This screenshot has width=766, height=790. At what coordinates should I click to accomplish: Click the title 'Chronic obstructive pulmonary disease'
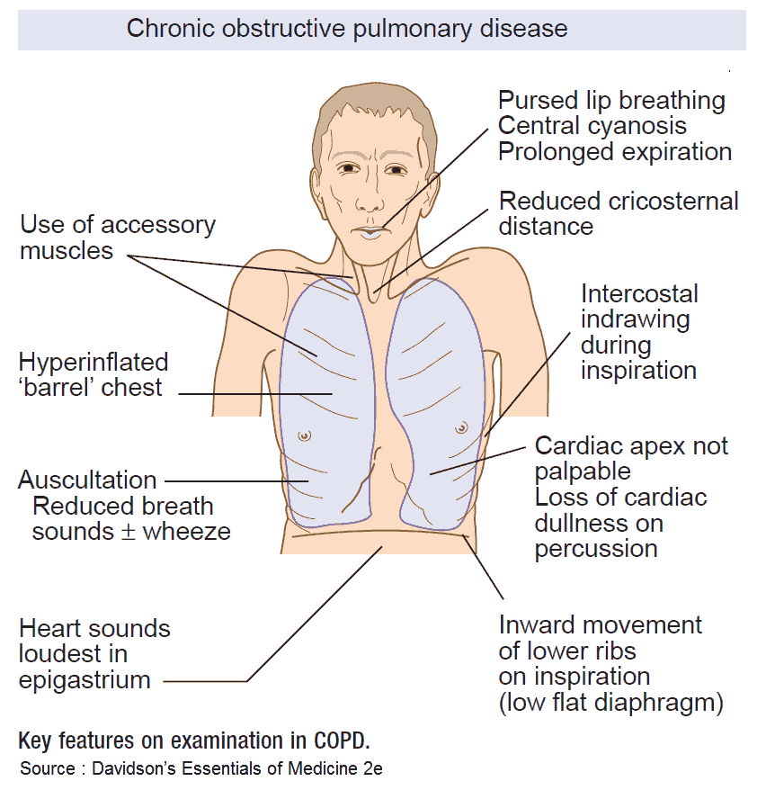pos(346,28)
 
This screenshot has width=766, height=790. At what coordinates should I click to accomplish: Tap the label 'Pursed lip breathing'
pos(611,100)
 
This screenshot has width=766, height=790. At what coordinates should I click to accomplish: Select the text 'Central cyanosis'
pos(592,125)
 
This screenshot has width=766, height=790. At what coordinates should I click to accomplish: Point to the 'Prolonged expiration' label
pos(615,151)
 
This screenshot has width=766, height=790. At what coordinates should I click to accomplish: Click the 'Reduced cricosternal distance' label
pos(618,212)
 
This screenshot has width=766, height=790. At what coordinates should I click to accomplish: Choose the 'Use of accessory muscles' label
pos(117,237)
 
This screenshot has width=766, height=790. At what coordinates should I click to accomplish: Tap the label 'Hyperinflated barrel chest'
pos(93,375)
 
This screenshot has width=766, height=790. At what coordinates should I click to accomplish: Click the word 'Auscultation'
pos(87,480)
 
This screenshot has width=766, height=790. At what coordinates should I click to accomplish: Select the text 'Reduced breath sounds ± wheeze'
pos(131,518)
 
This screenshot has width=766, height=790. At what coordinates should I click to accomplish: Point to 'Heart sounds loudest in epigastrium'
pos(94,653)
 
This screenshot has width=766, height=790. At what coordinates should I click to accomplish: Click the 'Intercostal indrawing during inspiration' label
pos(638,332)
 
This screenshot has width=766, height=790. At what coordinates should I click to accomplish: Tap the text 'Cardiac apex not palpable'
pos(631,459)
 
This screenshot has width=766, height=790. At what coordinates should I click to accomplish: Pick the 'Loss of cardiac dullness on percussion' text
pos(620,523)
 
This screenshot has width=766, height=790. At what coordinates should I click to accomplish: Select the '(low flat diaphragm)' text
pos(611,703)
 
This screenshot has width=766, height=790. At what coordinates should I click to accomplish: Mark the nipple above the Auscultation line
pos(307,435)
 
